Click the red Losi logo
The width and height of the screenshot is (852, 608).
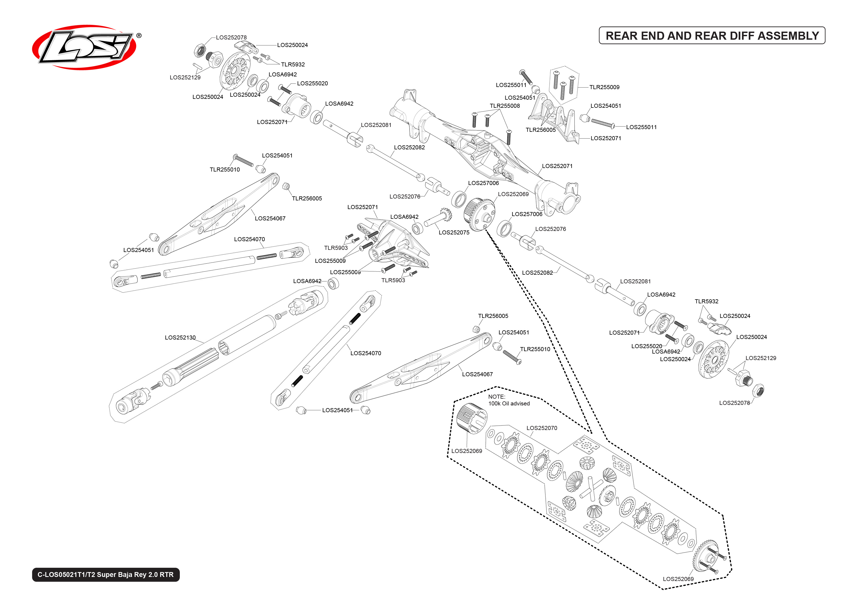[84, 48]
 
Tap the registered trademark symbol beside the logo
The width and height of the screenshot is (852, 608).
[139, 36]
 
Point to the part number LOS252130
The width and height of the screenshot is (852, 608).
[180, 338]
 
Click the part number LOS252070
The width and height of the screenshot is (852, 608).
[542, 428]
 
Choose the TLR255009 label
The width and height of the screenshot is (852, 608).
[604, 87]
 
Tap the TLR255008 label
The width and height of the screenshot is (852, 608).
[505, 106]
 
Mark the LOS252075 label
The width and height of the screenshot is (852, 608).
[454, 233]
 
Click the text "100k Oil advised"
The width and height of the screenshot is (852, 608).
[509, 404]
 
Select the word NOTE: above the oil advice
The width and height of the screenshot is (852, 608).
[496, 397]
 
